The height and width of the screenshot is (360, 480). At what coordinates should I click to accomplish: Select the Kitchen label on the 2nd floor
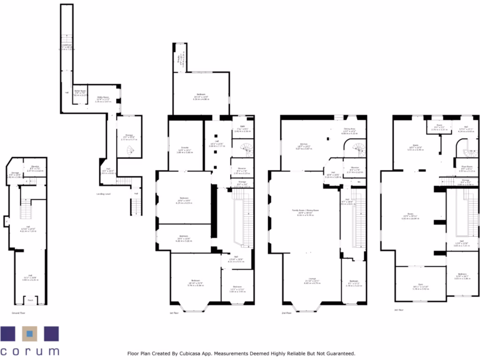[x=303, y=144]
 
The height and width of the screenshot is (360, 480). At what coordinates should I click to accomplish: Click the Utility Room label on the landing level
[x=103, y=99]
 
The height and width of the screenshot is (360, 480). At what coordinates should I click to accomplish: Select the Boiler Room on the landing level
[x=80, y=92]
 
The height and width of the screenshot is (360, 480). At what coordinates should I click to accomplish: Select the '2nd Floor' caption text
[x=286, y=312]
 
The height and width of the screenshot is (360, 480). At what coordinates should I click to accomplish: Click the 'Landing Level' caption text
[x=103, y=194]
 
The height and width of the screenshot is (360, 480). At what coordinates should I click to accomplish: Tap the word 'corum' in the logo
[x=30, y=351]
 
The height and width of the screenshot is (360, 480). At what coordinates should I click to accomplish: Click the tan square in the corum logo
[x=30, y=334]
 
